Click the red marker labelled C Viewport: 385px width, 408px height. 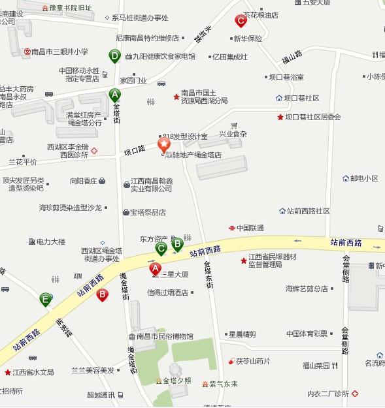pyautogui.click(x=241, y=22)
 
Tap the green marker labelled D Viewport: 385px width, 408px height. pyautogui.click(x=115, y=57)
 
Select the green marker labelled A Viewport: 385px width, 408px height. pyautogui.click(x=114, y=94)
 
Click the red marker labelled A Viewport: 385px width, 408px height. pyautogui.click(x=156, y=268)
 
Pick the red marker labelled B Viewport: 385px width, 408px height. pyautogui.click(x=102, y=294)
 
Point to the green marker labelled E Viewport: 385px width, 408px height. pyautogui.click(x=45, y=300)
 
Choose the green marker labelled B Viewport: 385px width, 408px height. pyautogui.click(x=176, y=245)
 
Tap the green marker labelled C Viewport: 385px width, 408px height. pyautogui.click(x=161, y=248)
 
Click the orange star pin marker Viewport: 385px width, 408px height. pyautogui.click(x=164, y=144)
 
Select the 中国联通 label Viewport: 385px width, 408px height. pyautogui.click(x=250, y=228)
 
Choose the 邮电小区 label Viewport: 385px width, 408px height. pyautogui.click(x=364, y=178)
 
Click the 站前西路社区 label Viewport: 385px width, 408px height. pyautogui.click(x=308, y=212)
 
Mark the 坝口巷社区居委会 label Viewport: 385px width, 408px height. pyautogui.click(x=312, y=118)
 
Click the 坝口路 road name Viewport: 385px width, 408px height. pyautogui.click(x=135, y=150)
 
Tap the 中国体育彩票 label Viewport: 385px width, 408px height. pyautogui.click(x=307, y=334)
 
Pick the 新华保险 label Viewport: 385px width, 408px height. pyautogui.click(x=247, y=38)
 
